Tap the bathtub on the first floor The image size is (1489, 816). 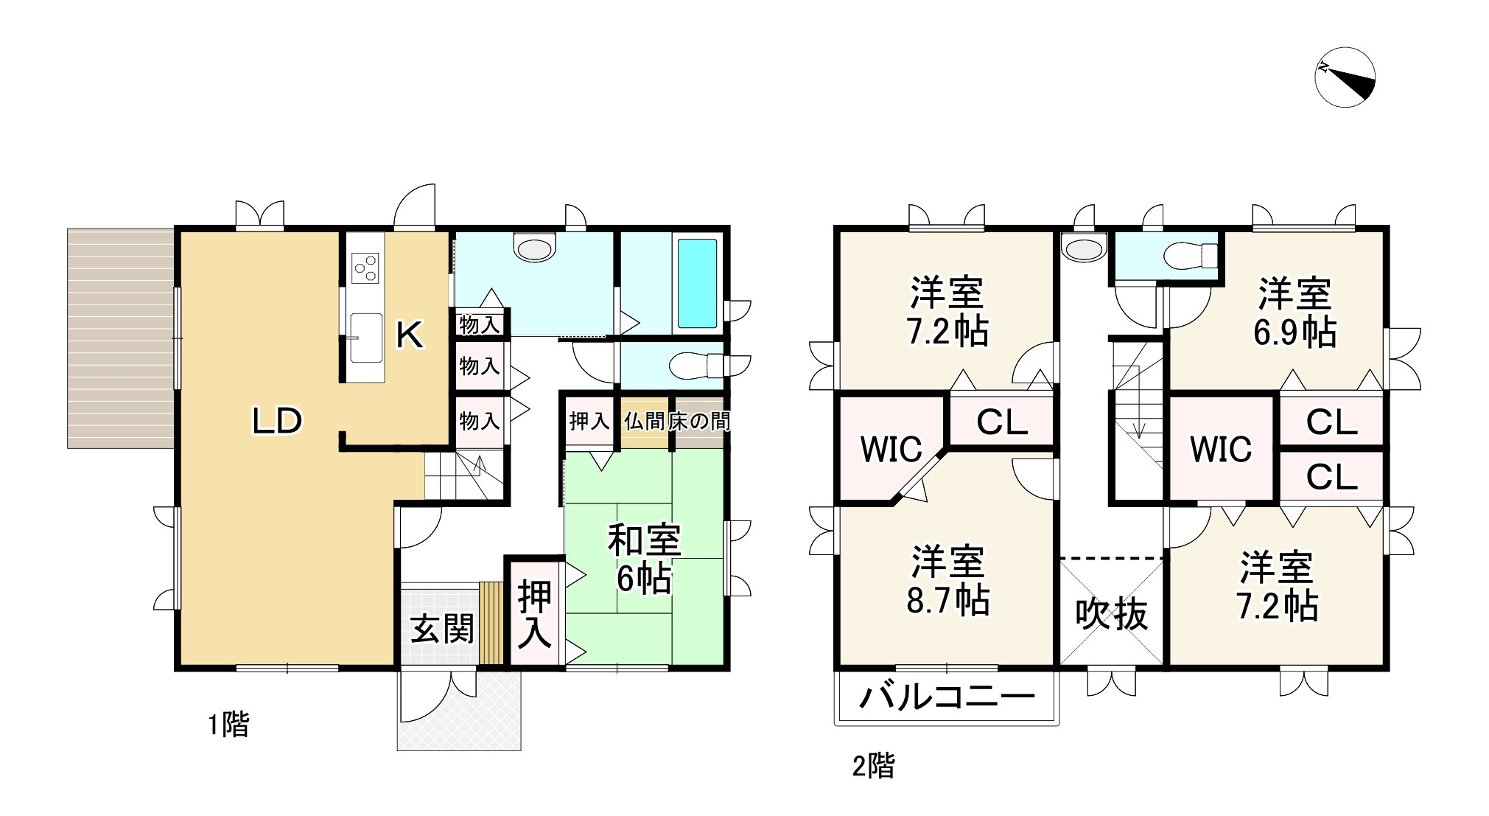click(x=697, y=283)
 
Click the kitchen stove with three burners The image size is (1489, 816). click(x=365, y=268)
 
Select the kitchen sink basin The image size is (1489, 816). click(x=365, y=337)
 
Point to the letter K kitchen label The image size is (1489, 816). click(x=410, y=336)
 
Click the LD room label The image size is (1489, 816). click(x=277, y=421)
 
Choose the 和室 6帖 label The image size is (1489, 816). click(x=644, y=559)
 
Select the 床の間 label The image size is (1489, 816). click(x=699, y=421)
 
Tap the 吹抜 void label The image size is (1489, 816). click(x=1112, y=613)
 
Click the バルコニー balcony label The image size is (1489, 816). click(x=947, y=697)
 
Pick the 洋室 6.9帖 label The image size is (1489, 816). click(x=1294, y=313)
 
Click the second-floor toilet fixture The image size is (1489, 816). click(x=1191, y=256)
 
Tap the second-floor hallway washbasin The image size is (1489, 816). click(x=1085, y=248)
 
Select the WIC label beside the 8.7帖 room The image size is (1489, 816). click(x=891, y=449)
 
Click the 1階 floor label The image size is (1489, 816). click(x=228, y=725)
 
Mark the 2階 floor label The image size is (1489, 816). click(x=873, y=767)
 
